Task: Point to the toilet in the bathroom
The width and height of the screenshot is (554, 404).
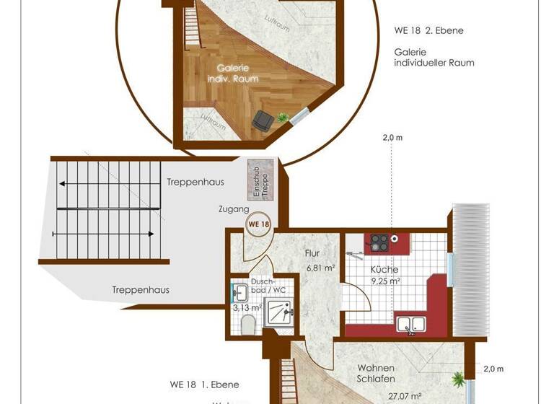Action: [247, 325]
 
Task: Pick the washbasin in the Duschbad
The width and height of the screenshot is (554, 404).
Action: [242, 292]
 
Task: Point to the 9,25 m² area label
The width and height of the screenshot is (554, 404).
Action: [385, 282]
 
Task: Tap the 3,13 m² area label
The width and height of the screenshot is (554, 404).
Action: [246, 307]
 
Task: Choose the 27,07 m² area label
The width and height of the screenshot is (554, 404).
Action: [384, 396]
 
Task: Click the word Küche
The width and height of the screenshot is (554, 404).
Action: [385, 269]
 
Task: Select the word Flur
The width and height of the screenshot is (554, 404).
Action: [312, 253]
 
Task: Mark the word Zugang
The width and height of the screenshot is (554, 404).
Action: [234, 208]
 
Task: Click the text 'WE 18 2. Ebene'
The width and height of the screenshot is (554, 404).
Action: [428, 31]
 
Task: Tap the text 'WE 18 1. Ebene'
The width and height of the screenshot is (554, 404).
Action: [204, 385]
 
